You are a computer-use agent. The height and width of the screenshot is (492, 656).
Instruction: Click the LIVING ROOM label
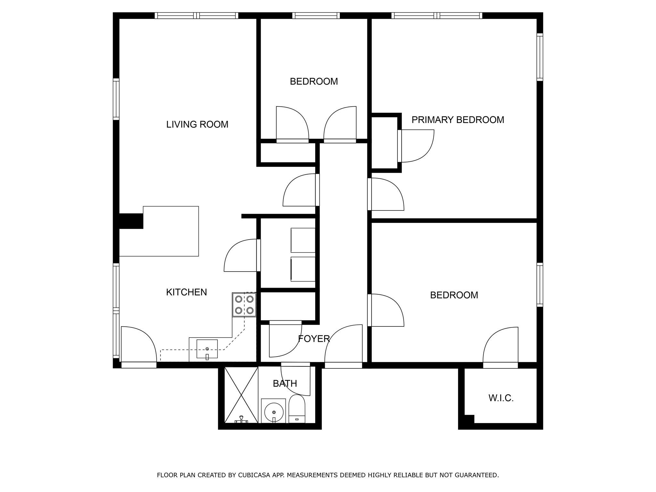click(x=197, y=124)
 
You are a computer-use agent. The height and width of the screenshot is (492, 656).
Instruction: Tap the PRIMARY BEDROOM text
click(x=457, y=120)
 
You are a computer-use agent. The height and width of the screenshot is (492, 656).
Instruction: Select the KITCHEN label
click(x=186, y=292)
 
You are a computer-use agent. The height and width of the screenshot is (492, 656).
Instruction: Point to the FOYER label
click(x=314, y=339)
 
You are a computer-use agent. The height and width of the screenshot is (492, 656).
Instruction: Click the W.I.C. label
click(x=501, y=398)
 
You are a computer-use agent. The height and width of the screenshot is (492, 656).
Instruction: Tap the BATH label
click(x=285, y=383)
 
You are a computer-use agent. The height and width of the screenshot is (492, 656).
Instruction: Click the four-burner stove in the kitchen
click(x=244, y=305)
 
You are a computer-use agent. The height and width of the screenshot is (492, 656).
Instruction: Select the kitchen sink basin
click(x=207, y=348)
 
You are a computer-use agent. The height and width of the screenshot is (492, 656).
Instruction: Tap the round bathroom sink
click(x=274, y=412)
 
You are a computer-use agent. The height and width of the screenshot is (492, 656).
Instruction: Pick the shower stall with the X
click(x=241, y=395)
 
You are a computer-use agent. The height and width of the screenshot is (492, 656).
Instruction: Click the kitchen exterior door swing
click(x=138, y=346)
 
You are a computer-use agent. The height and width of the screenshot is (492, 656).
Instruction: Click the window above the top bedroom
click(x=316, y=15)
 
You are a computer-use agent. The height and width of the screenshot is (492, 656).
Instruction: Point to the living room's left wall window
click(x=116, y=99)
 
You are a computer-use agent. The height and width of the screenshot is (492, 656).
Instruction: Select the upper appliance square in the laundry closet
click(x=303, y=240)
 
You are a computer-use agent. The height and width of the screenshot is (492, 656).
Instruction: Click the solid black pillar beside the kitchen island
click(x=131, y=221)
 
